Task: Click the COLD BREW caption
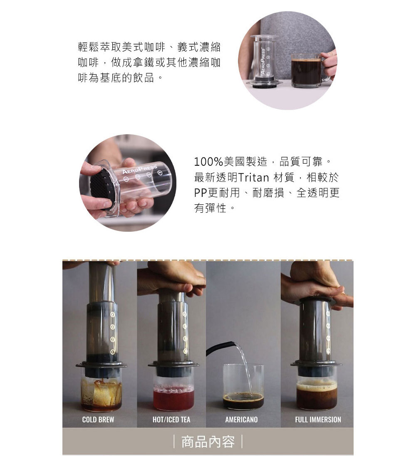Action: [98, 419]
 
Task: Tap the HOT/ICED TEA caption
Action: [171, 419]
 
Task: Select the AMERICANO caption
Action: [242, 419]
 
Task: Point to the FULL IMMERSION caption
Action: [318, 419]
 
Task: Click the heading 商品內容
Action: [208, 442]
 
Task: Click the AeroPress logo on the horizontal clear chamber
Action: [139, 169]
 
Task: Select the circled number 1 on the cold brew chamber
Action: [112, 352]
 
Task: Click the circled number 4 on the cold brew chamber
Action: [112, 315]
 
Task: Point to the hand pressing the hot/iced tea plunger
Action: [171, 279]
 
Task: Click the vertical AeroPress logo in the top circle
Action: [263, 61]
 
